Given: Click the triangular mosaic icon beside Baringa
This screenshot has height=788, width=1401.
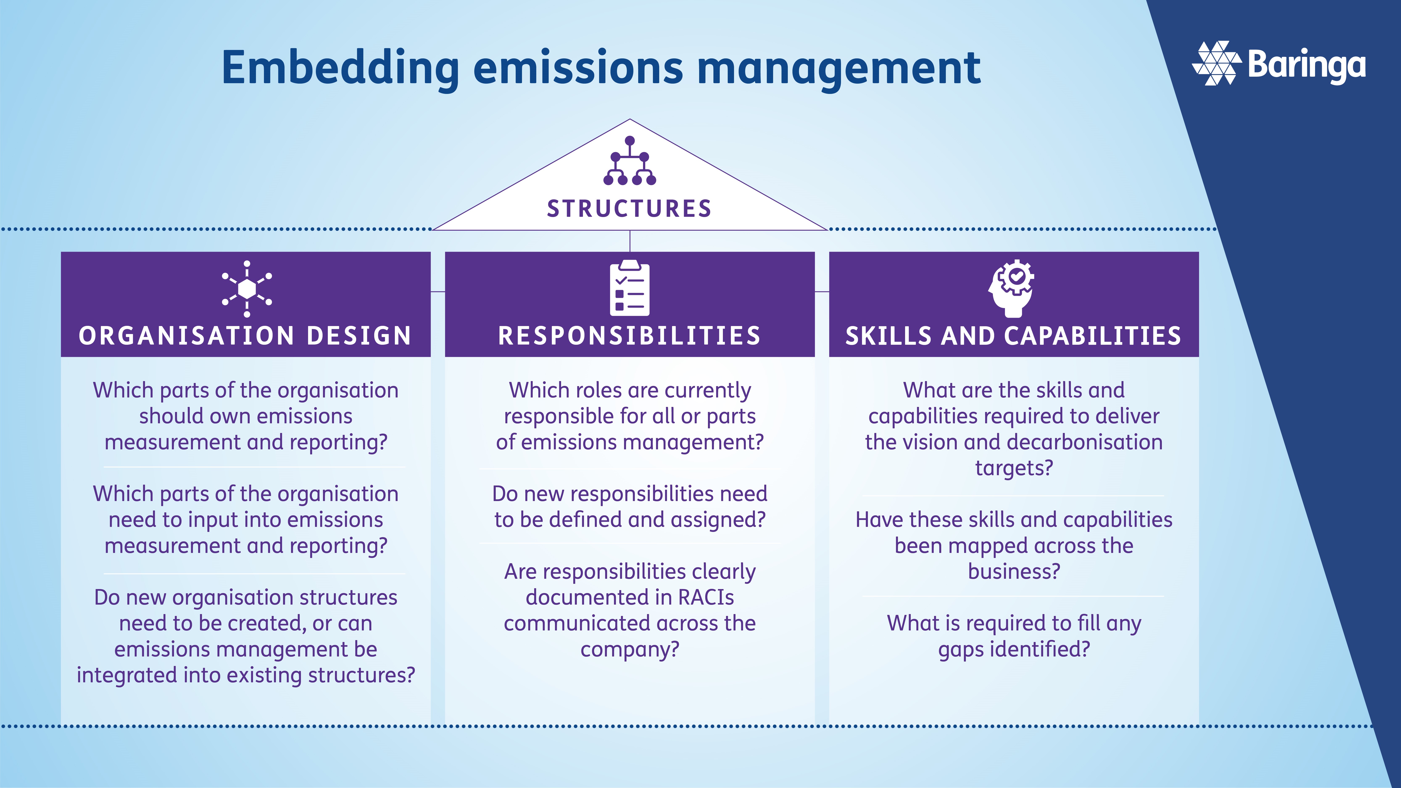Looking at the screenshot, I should pyautogui.click(x=1217, y=63).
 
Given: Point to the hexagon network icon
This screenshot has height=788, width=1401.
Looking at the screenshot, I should pyautogui.click(x=247, y=289).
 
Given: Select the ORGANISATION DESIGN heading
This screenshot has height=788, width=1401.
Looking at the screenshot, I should pyautogui.click(x=245, y=335).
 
